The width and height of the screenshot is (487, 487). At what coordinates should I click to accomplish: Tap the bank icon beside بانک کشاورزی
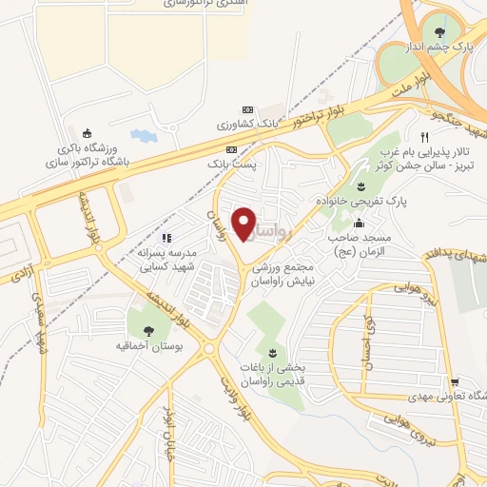[x=248, y=109]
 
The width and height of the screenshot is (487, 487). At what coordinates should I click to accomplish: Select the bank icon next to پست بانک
[x=231, y=149]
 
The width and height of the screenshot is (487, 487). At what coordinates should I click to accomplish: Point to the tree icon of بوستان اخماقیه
[x=149, y=330]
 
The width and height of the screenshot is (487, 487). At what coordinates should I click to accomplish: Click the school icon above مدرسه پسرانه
[x=166, y=238]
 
